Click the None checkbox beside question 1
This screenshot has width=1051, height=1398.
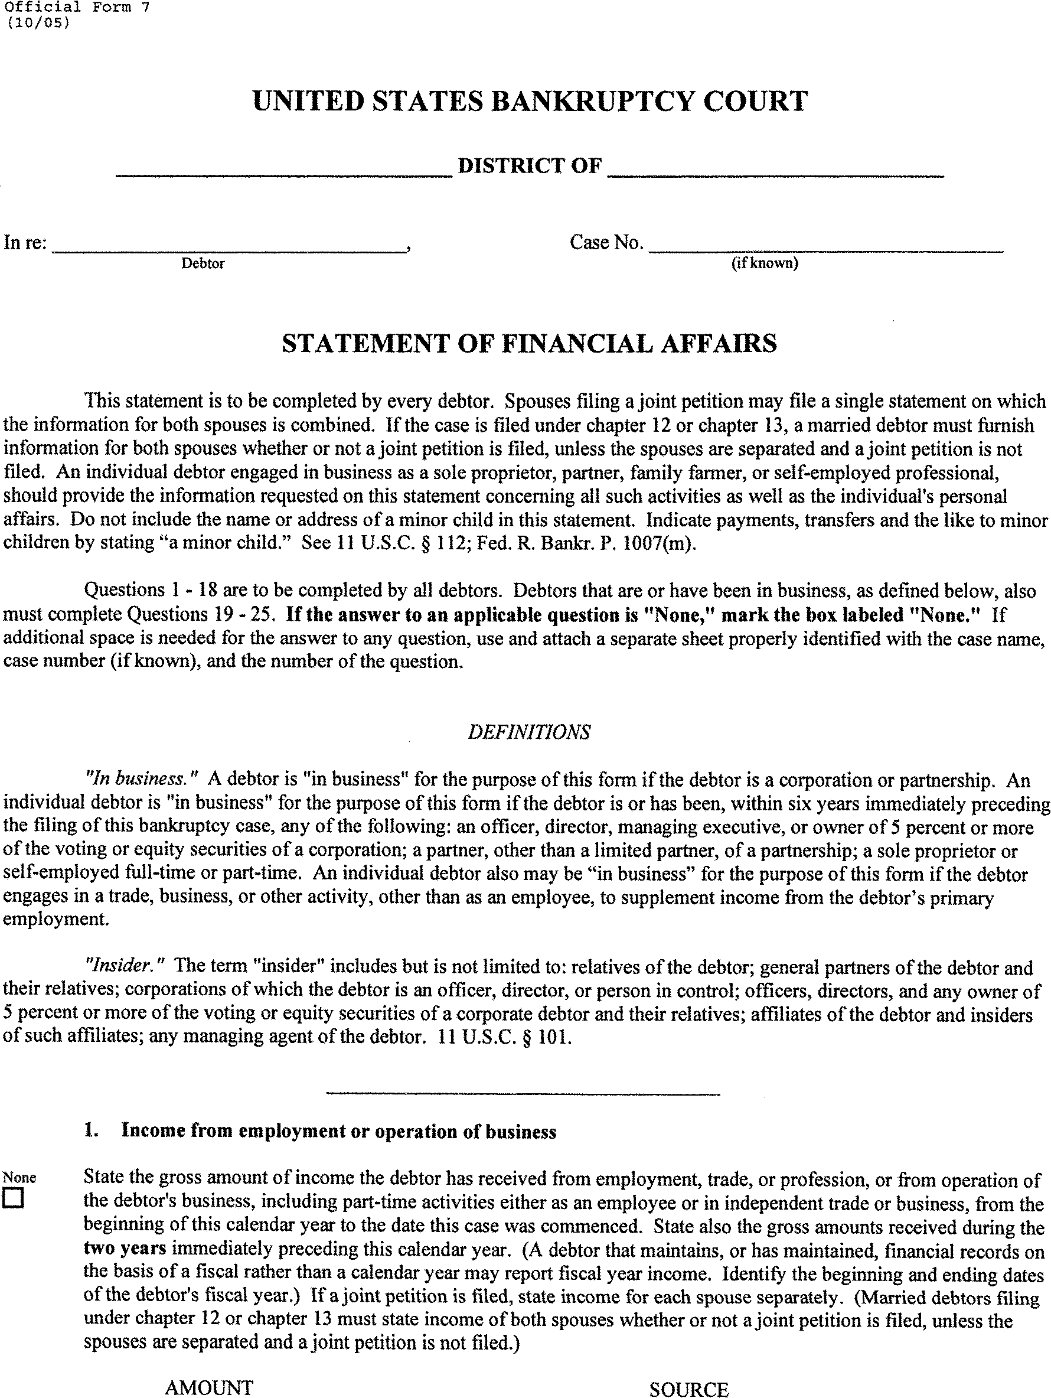tap(12, 1199)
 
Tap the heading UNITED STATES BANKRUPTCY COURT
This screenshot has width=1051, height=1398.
tap(530, 101)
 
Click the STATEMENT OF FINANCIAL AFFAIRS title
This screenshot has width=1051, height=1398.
tap(529, 343)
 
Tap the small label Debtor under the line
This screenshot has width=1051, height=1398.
tap(203, 263)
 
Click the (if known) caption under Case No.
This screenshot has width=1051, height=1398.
tap(765, 263)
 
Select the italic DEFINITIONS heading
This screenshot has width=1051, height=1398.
tap(529, 732)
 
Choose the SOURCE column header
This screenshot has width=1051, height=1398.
tap(689, 1389)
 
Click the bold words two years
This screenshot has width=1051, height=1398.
tap(125, 1249)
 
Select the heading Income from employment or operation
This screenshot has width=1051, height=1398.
tap(339, 1130)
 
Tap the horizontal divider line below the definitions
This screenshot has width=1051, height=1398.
tap(523, 1093)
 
